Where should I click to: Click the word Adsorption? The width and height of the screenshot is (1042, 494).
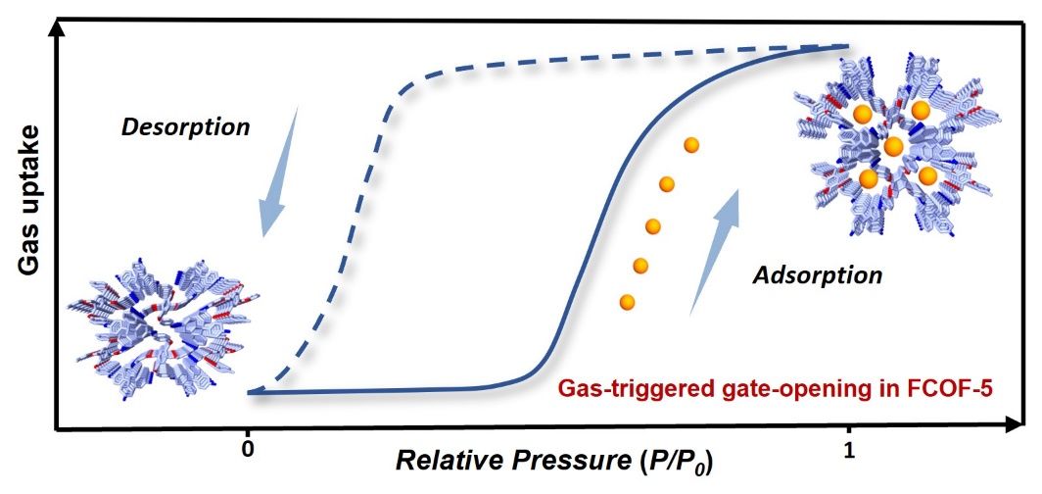coord(817,274)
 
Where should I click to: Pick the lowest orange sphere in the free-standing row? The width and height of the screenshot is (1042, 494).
coord(627,302)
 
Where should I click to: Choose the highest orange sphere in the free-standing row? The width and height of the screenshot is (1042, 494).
coord(691,145)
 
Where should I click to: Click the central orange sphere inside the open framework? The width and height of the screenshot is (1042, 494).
coord(893,146)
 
